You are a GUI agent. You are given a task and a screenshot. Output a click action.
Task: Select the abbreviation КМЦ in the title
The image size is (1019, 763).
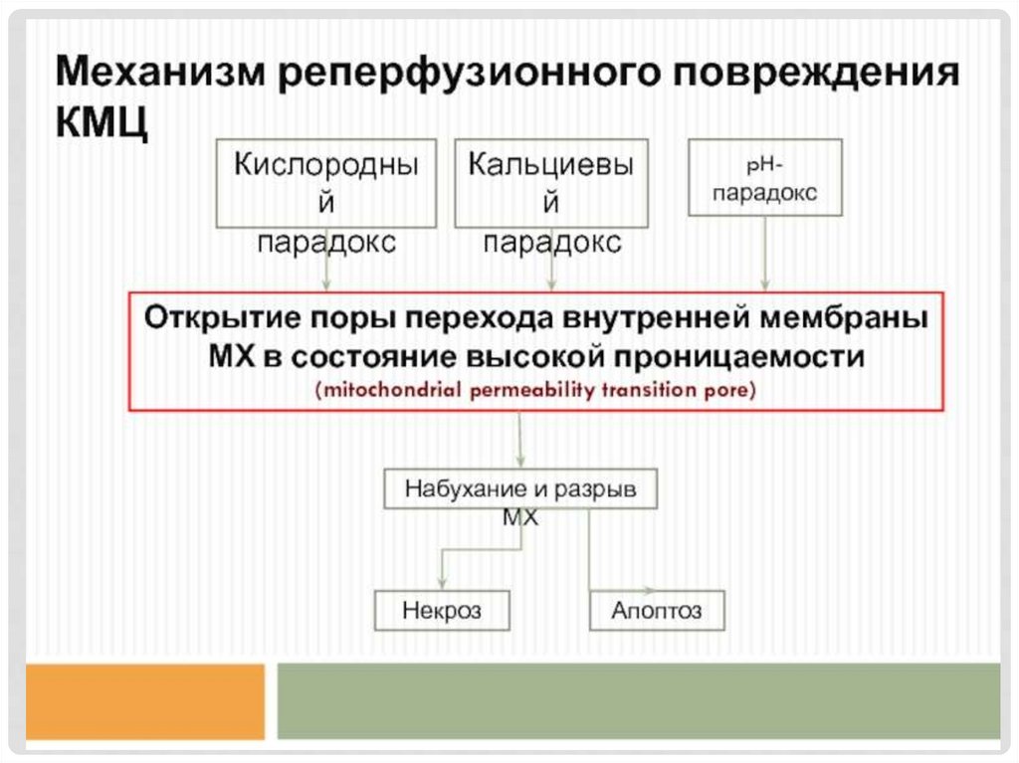coord(102,124)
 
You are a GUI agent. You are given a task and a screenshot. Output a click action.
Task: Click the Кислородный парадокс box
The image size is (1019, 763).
coord(326,183)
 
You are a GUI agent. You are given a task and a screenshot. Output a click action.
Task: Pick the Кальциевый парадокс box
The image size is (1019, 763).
coord(551,183)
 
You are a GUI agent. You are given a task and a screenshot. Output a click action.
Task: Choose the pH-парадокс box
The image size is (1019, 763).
coord(765,177)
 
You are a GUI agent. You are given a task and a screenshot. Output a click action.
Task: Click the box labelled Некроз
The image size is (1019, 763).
coord(442,610)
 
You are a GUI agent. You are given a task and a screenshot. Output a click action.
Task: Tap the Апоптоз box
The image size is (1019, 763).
coord(657,610)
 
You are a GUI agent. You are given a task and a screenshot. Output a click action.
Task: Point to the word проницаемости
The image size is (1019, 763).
coord(744,356)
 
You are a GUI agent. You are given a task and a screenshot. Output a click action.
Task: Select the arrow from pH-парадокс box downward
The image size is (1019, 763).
coord(765,253)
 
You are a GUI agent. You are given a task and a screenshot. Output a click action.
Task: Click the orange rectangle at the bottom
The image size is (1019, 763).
coord(145,701)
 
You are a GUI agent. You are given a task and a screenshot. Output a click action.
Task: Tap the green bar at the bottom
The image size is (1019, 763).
coord(638,701)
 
